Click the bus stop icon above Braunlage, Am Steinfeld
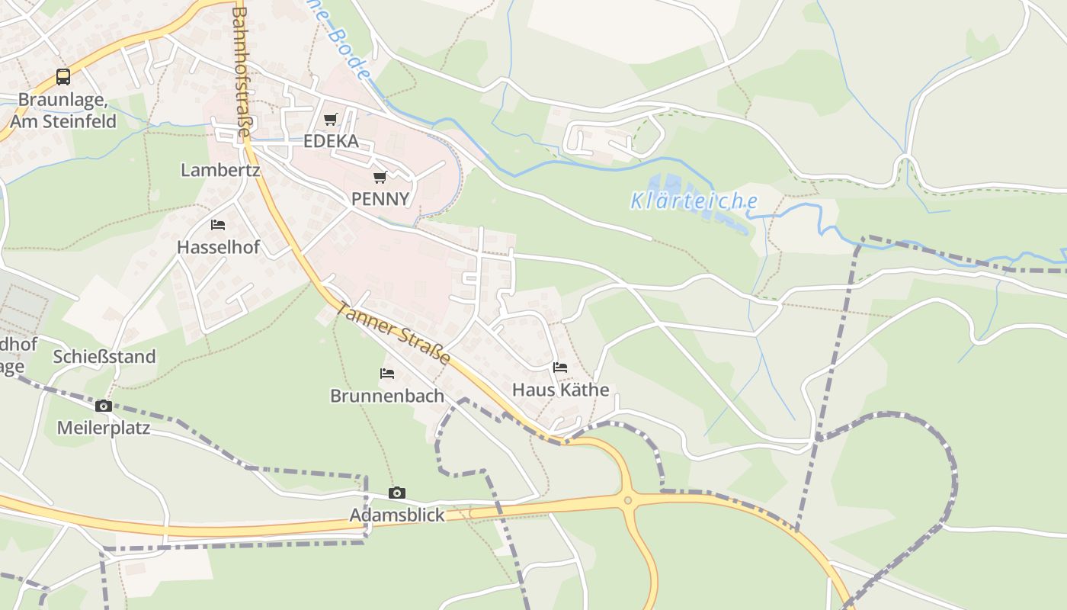click(x=63, y=77)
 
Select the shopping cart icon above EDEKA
click(x=330, y=119)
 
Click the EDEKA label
click(x=331, y=141)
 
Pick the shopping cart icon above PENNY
click(x=380, y=177)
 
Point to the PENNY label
click(x=380, y=199)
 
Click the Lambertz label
click(x=220, y=170)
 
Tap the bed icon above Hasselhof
click(x=218, y=225)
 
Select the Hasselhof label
click(x=218, y=247)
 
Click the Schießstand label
click(x=104, y=357)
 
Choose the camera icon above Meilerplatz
click(x=104, y=406)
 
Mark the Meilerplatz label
click(x=104, y=428)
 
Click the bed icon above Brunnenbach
click(x=387, y=374)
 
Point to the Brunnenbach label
click(x=387, y=396)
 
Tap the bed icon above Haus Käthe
click(x=560, y=368)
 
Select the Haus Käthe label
click(x=560, y=390)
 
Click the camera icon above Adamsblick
click(x=397, y=493)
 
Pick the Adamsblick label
click(x=397, y=515)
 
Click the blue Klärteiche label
click(x=694, y=201)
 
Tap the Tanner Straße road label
click(x=393, y=334)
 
